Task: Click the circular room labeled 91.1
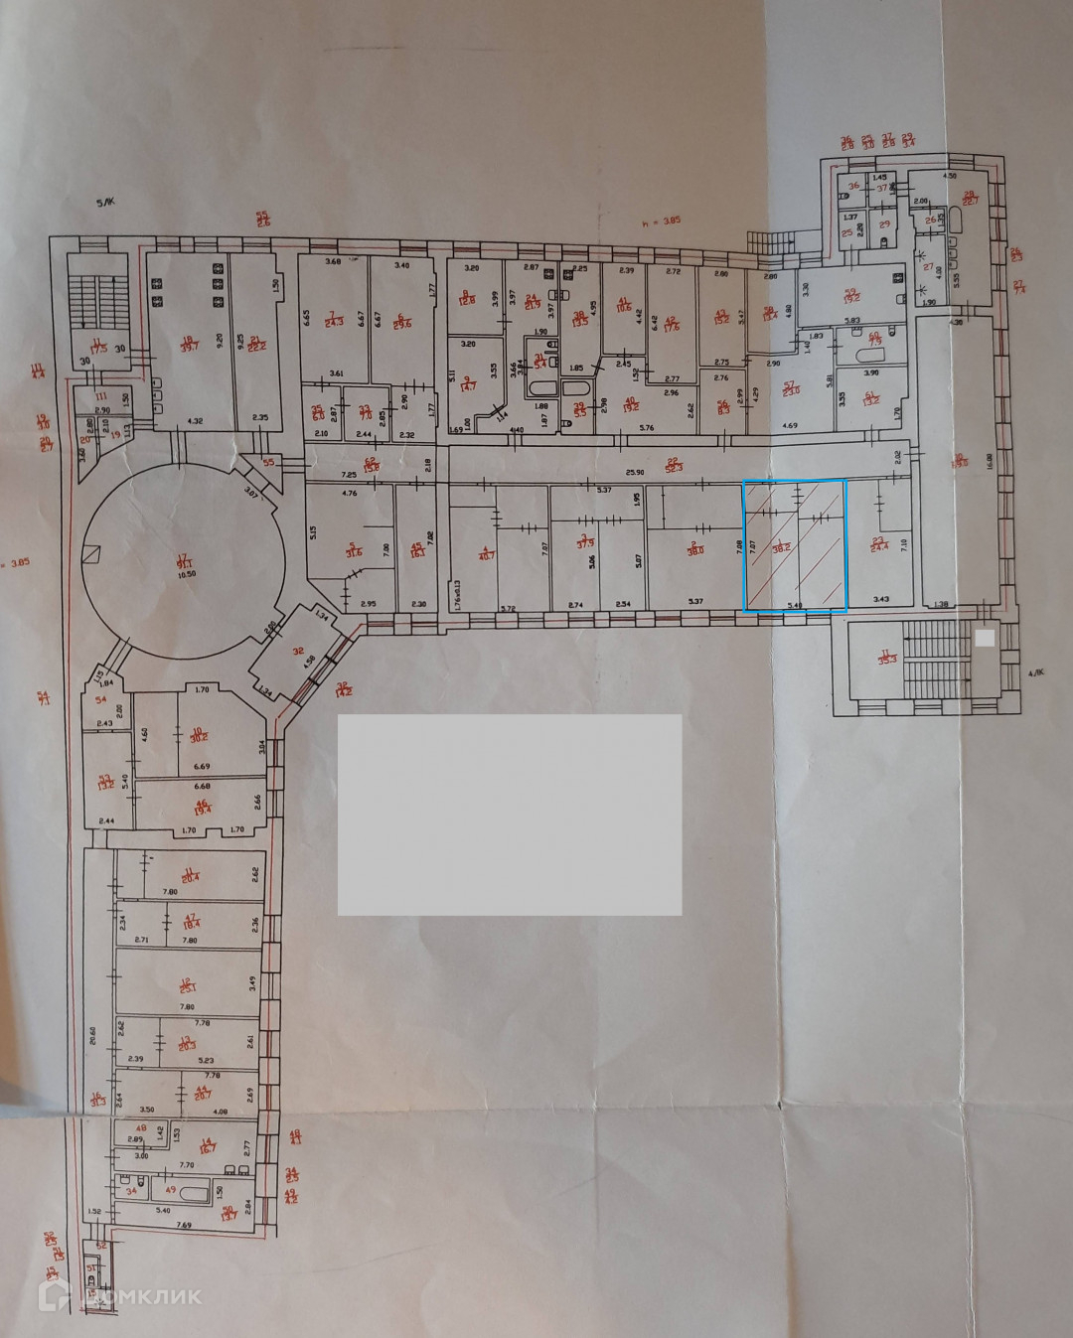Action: [182, 560]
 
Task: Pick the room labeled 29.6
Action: [401, 320]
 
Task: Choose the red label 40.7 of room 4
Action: [484, 553]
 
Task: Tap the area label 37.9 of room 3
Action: [584, 542]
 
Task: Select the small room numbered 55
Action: [269, 463]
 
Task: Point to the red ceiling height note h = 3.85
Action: [661, 223]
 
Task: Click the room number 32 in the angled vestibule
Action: [297, 652]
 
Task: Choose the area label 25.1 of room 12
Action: [188, 984]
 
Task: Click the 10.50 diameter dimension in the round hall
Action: [183, 575]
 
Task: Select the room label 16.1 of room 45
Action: [418, 551]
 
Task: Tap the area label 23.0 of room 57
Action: [791, 388]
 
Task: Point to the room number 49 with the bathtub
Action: [170, 1189]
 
